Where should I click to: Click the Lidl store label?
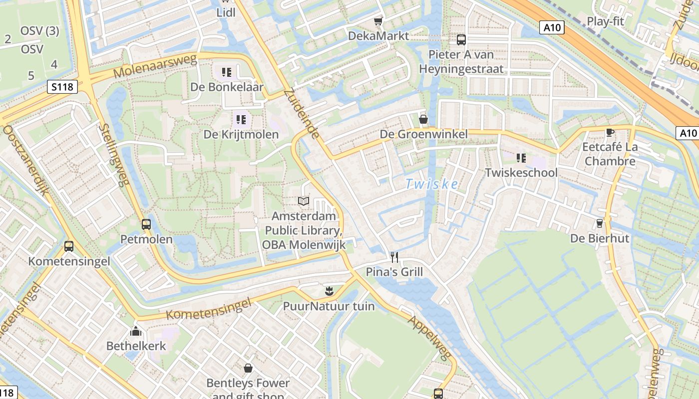click(x=226, y=13)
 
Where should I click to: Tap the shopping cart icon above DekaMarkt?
click(x=378, y=21)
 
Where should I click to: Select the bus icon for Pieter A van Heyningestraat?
click(x=461, y=40)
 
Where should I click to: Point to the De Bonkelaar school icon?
click(x=227, y=73)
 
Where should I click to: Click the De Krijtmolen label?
click(x=241, y=135)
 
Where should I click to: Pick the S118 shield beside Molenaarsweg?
click(x=62, y=87)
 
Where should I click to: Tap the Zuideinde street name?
click(x=301, y=114)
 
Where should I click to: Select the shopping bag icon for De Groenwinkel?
click(x=423, y=119)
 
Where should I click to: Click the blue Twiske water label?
click(x=431, y=184)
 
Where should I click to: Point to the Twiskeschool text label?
click(x=521, y=173)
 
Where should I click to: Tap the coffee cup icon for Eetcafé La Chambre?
click(x=609, y=132)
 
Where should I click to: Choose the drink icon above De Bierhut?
click(x=600, y=223)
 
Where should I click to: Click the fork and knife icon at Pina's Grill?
click(x=394, y=257)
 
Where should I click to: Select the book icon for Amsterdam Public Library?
click(x=304, y=201)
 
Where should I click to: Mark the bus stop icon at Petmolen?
click(x=146, y=224)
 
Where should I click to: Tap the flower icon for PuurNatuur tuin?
click(x=329, y=290)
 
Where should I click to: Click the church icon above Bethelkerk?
click(x=135, y=331)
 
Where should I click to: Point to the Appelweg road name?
click(x=429, y=339)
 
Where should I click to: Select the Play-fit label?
click(x=605, y=21)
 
